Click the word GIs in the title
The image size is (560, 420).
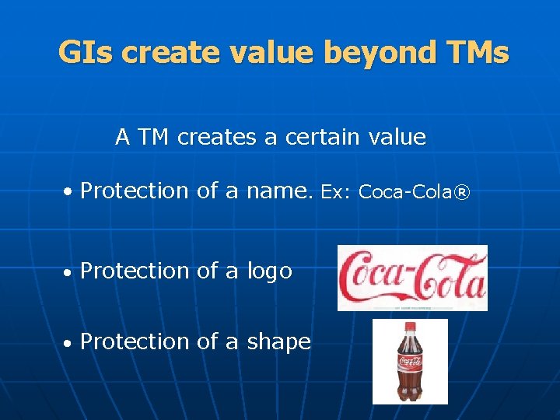coord(86,53)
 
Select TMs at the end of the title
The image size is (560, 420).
coord(478,53)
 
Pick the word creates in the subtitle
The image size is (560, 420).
coord(217,138)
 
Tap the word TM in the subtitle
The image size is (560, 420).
coord(152,138)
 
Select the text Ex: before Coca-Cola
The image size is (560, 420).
coord(337,191)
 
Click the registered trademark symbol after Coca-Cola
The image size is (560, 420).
coord(461,191)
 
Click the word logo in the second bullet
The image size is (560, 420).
coord(269,271)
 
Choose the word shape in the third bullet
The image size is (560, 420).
coord(278,341)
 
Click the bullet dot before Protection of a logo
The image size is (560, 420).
coord(68,272)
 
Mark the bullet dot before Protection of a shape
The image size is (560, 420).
coord(68,343)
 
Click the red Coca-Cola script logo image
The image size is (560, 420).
coord(411,278)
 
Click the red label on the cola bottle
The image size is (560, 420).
coord(410,362)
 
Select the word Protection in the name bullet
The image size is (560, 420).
coord(135,191)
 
